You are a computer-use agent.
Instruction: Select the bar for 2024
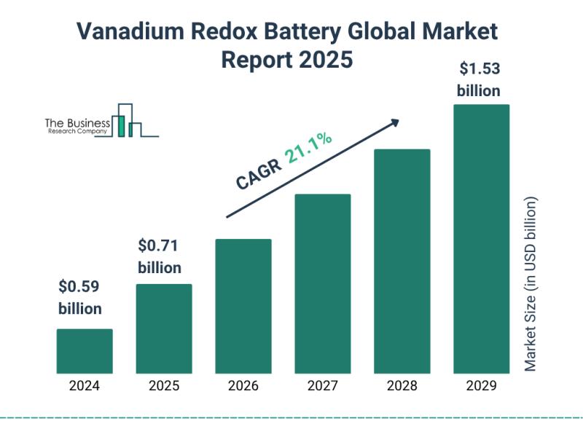85,351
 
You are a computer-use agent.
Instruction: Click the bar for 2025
164,328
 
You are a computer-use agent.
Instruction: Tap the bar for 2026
243,306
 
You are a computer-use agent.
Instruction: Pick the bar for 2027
323,283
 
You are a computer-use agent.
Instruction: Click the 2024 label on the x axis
85,387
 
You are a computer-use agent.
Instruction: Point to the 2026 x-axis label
243,387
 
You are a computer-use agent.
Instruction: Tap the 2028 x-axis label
402,387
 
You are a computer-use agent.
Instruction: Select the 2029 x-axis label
482,387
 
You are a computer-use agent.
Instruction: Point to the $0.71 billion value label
160,256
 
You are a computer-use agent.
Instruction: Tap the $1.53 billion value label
479,80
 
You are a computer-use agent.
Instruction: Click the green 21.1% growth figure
309,149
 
